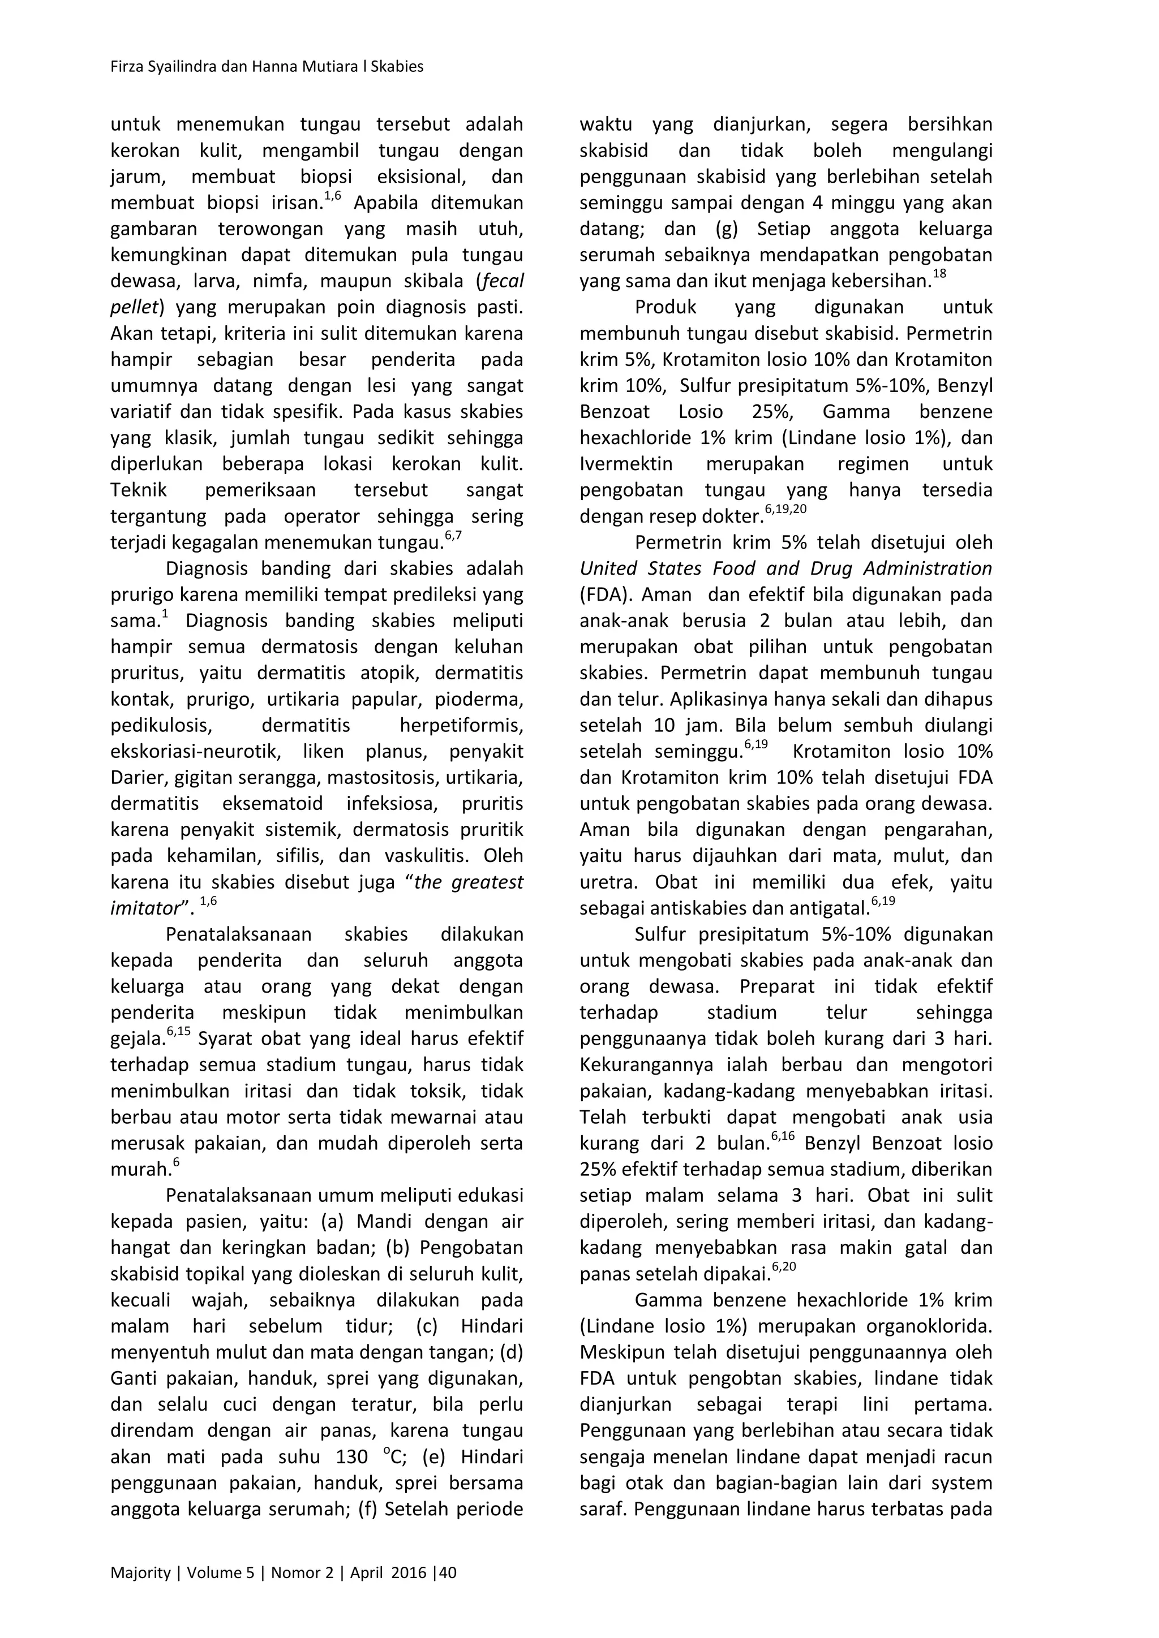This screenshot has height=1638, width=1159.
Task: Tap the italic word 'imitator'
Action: coord(143,909)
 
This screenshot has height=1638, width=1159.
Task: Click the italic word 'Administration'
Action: coord(928,568)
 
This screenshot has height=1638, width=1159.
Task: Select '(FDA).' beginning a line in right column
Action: coord(604,595)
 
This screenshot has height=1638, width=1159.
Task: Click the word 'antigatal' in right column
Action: coord(832,909)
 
